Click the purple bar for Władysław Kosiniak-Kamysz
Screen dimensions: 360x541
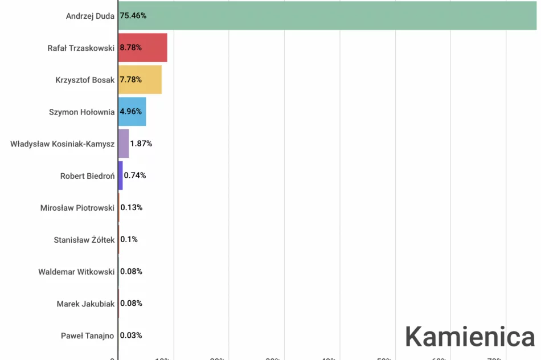(124, 144)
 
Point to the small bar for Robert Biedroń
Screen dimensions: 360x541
(120, 175)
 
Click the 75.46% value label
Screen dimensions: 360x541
(133, 16)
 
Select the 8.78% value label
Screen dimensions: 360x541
(130, 48)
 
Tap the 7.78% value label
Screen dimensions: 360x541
(130, 80)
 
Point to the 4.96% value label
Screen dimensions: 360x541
(130, 112)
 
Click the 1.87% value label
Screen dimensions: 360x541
(141, 144)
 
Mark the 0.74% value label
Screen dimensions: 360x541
(135, 175)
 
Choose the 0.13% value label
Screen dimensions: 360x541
(132, 207)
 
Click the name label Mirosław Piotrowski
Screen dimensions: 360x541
(77, 208)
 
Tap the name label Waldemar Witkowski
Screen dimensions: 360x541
(76, 272)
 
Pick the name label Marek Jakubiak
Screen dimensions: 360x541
(85, 304)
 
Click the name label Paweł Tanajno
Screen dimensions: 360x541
(88, 336)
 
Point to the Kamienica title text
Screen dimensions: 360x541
(470, 337)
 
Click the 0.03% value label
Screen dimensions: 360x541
(132, 336)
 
